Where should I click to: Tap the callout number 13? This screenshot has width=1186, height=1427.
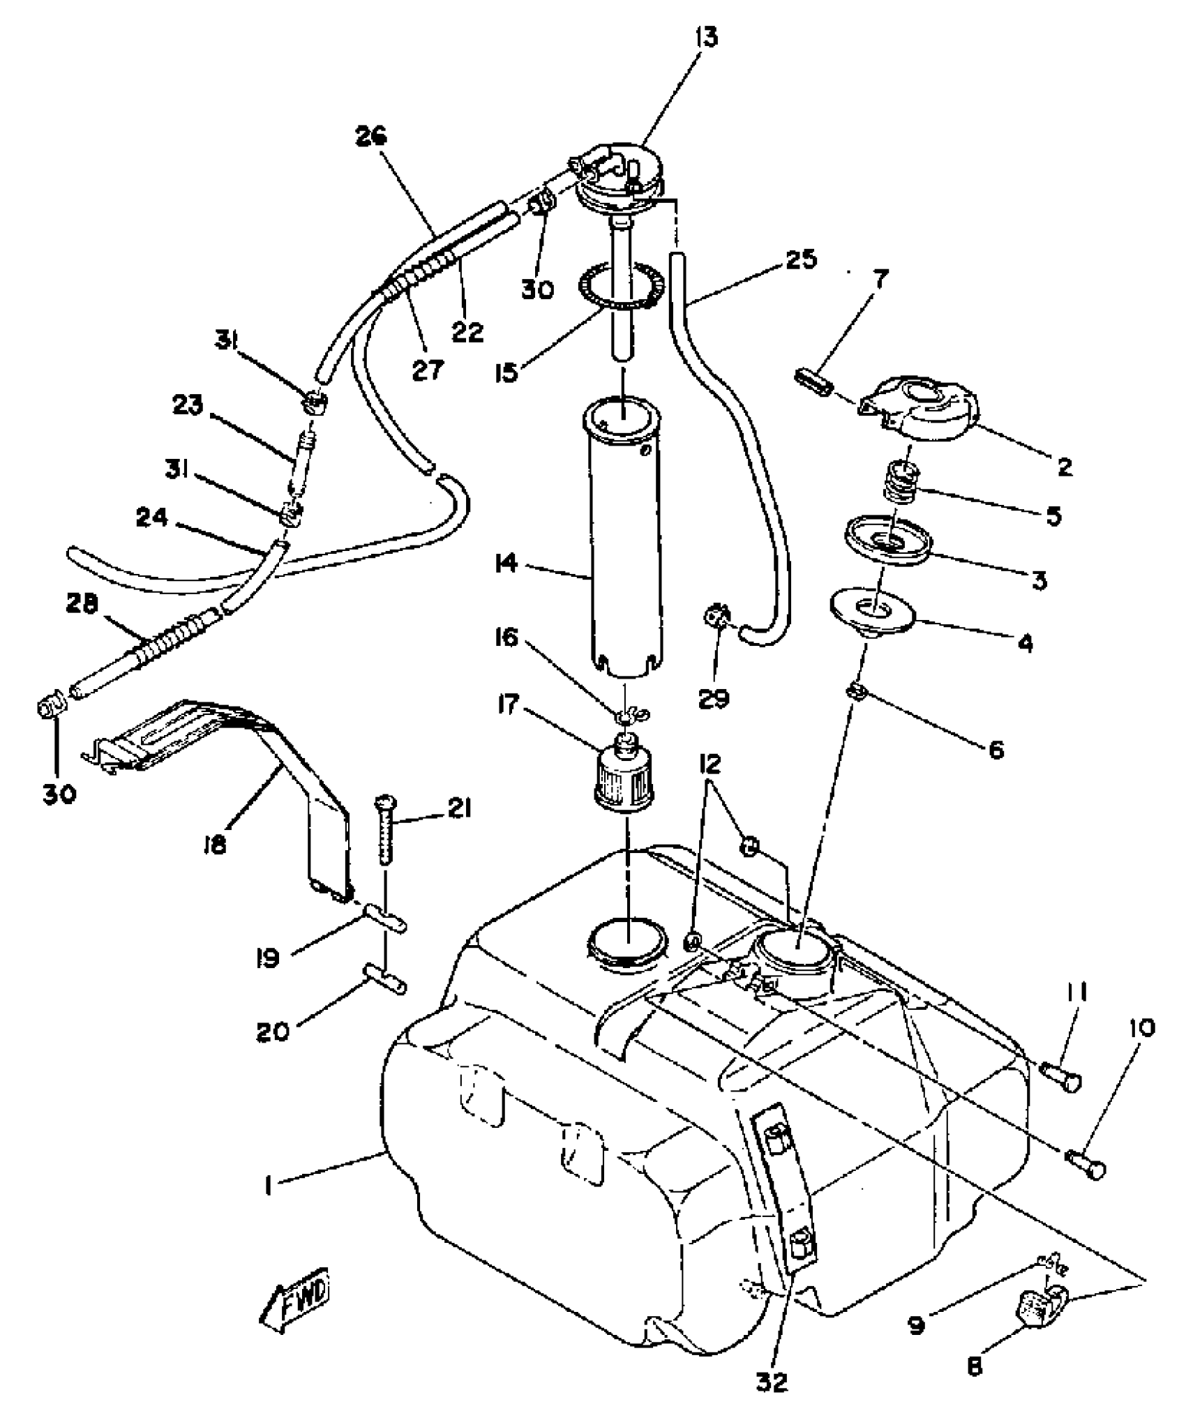click(x=705, y=36)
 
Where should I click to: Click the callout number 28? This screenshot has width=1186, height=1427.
click(x=81, y=604)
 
